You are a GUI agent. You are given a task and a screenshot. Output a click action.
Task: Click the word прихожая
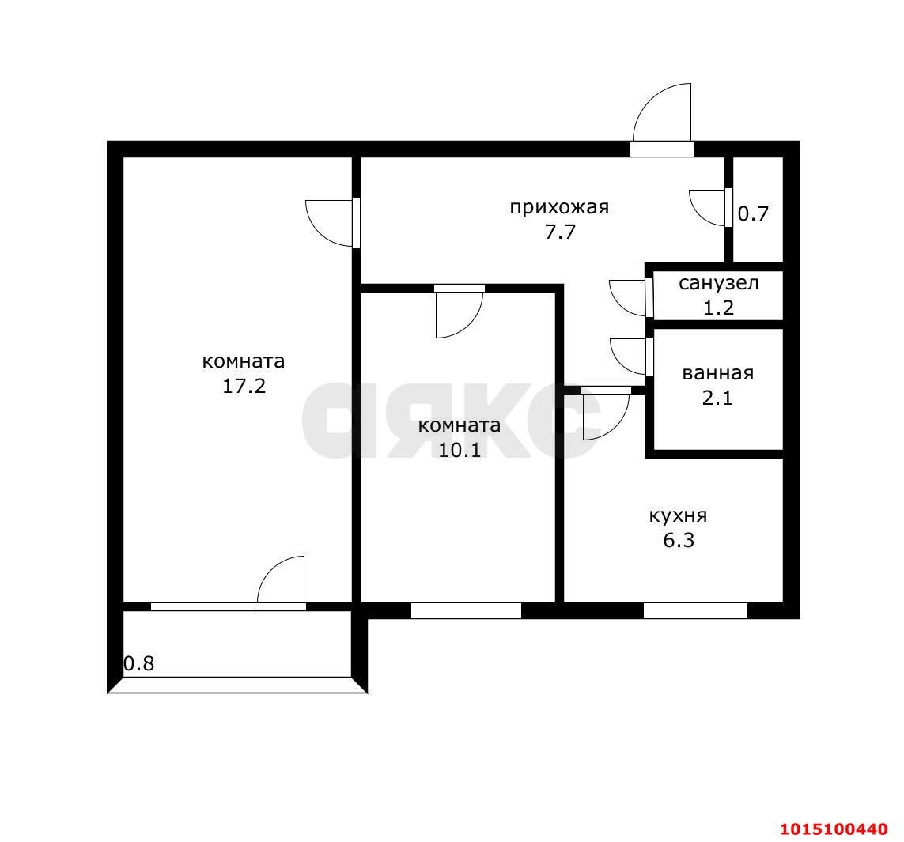pyautogui.click(x=559, y=207)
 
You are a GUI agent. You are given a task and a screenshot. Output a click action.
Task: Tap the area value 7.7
pyautogui.click(x=561, y=232)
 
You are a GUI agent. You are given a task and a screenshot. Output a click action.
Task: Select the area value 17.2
pyautogui.click(x=244, y=386)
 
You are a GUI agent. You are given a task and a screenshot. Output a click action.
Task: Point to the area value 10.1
pyautogui.click(x=460, y=450)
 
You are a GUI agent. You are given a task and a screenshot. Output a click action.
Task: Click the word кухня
pyautogui.click(x=678, y=515)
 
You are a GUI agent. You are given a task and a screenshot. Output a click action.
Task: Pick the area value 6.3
pyautogui.click(x=679, y=541)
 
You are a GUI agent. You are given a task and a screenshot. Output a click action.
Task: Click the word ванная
pyautogui.click(x=718, y=373)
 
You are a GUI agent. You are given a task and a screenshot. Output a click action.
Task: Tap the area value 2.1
pyautogui.click(x=717, y=398)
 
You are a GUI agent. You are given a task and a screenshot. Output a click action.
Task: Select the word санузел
pyautogui.click(x=718, y=284)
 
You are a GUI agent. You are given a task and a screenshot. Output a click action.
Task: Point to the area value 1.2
pyautogui.click(x=718, y=308)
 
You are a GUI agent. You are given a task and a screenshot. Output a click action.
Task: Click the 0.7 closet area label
pyautogui.click(x=754, y=213)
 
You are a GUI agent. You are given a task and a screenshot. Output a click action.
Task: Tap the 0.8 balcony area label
pyautogui.click(x=139, y=663)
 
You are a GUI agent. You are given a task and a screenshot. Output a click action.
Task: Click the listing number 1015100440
pyautogui.click(x=834, y=829)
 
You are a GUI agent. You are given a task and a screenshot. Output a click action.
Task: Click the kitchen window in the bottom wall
pyautogui.click(x=695, y=610)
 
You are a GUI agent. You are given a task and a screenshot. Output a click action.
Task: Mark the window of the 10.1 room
pyautogui.click(x=466, y=610)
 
